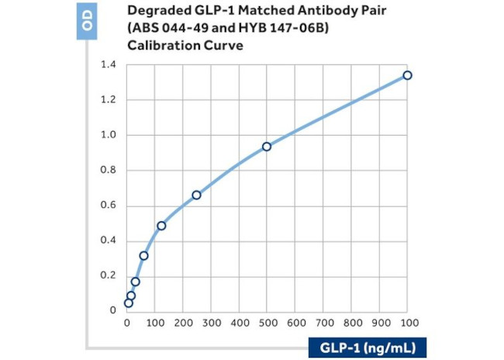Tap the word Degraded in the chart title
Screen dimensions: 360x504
point(136,12)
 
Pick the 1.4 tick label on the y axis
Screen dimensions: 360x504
point(109,64)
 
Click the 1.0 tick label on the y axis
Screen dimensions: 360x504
point(109,135)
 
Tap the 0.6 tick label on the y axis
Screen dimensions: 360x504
point(109,206)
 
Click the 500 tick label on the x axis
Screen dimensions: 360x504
point(267,322)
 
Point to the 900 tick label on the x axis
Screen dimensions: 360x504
point(380,322)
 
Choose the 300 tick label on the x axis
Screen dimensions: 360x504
point(211,322)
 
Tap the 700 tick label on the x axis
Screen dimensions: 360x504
point(323,322)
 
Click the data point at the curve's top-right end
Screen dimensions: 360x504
point(407,75)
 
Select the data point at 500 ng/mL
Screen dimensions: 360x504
point(267,147)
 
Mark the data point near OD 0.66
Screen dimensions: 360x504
point(196,195)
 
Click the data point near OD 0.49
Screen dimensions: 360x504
point(161,226)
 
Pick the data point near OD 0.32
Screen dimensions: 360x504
point(143,255)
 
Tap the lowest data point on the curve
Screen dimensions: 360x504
point(128,303)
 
